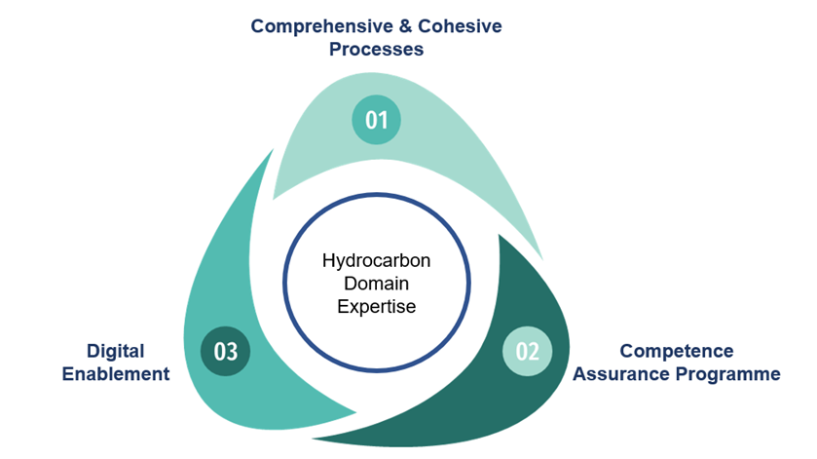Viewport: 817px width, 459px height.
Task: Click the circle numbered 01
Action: click(377, 120)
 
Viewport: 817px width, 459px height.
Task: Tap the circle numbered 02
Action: click(527, 351)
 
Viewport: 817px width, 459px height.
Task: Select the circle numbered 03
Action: click(226, 351)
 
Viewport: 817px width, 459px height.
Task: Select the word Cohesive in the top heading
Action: click(462, 26)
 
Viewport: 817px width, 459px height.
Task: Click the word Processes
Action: click(376, 49)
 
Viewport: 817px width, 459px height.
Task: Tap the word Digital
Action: click(116, 351)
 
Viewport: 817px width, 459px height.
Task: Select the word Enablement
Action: click(115, 374)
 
